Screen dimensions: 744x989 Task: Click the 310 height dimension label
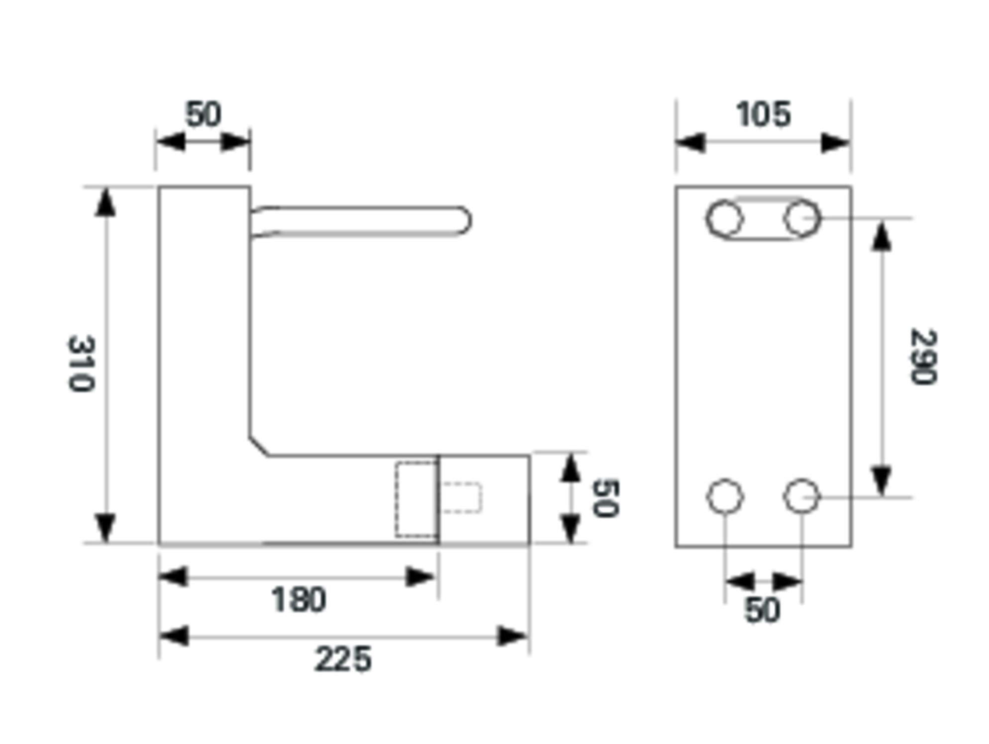(81, 364)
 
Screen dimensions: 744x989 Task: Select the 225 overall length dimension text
(343, 659)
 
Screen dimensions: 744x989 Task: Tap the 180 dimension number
(298, 600)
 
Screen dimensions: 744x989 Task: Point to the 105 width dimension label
(763, 114)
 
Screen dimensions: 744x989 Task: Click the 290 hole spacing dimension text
(923, 357)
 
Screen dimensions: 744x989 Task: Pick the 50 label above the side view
(203, 114)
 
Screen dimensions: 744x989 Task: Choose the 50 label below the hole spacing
(762, 610)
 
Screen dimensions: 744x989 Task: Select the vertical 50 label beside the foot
(606, 498)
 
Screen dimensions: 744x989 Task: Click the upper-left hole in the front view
(725, 218)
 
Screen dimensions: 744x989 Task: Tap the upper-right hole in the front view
(801, 218)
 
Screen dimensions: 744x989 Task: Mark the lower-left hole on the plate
(725, 496)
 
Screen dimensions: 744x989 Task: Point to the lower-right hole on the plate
(801, 496)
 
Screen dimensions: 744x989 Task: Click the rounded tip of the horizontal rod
(465, 220)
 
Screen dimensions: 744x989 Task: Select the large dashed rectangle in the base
(416, 499)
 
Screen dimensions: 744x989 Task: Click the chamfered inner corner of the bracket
(259, 447)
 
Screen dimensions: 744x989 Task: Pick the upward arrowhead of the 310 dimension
(105, 203)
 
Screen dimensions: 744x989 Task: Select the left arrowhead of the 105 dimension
(691, 143)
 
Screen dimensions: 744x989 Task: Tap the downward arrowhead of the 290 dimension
(882, 480)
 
